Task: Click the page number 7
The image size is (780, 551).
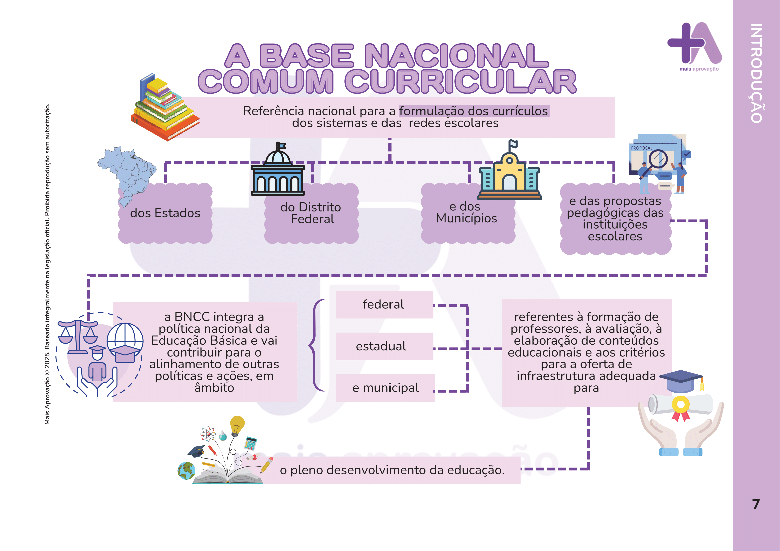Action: tap(756, 504)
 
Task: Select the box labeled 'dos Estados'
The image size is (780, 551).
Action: tap(165, 213)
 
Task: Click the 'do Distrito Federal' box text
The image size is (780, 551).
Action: tap(311, 213)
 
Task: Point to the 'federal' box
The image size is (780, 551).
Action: tap(384, 305)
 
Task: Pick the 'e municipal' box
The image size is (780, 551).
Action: tap(385, 388)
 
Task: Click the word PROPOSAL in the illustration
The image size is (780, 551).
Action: tap(641, 148)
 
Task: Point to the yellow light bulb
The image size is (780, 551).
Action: tap(237, 424)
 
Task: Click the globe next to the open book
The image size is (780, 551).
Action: tap(186, 471)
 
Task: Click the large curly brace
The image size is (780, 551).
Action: tap(316, 346)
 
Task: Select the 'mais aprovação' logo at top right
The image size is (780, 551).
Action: tap(694, 46)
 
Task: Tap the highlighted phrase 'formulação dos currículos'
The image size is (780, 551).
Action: tap(473, 111)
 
